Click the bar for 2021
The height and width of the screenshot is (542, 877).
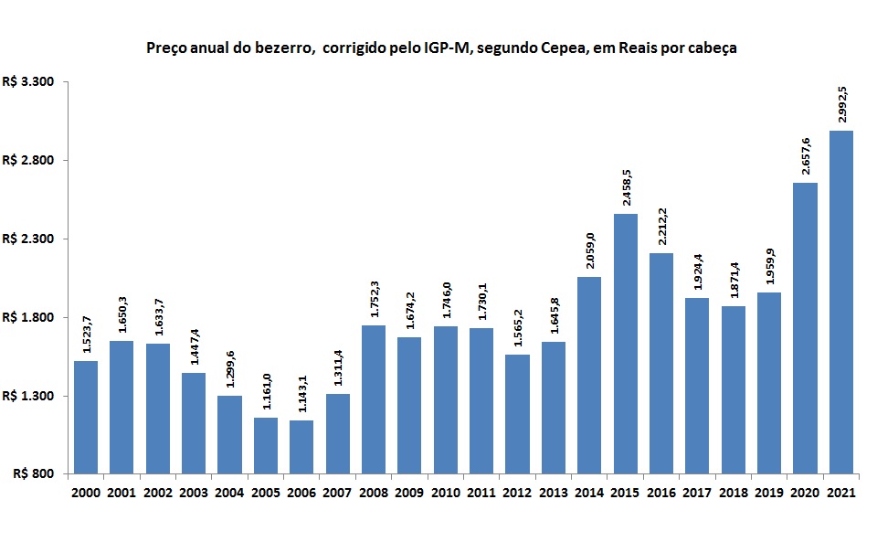tap(840, 302)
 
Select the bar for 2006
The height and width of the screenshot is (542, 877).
tap(301, 447)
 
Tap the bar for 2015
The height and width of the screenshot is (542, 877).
tap(625, 344)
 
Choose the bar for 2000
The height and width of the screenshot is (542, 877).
tap(86, 417)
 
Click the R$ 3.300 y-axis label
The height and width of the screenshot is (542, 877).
tap(29, 82)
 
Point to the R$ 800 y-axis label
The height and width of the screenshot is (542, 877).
tap(36, 474)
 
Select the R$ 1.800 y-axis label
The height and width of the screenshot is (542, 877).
tap(29, 317)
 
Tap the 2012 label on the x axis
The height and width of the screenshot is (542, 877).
tap(517, 494)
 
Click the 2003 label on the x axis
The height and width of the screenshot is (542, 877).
tap(194, 494)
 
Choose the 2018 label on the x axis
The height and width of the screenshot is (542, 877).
tap(733, 494)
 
